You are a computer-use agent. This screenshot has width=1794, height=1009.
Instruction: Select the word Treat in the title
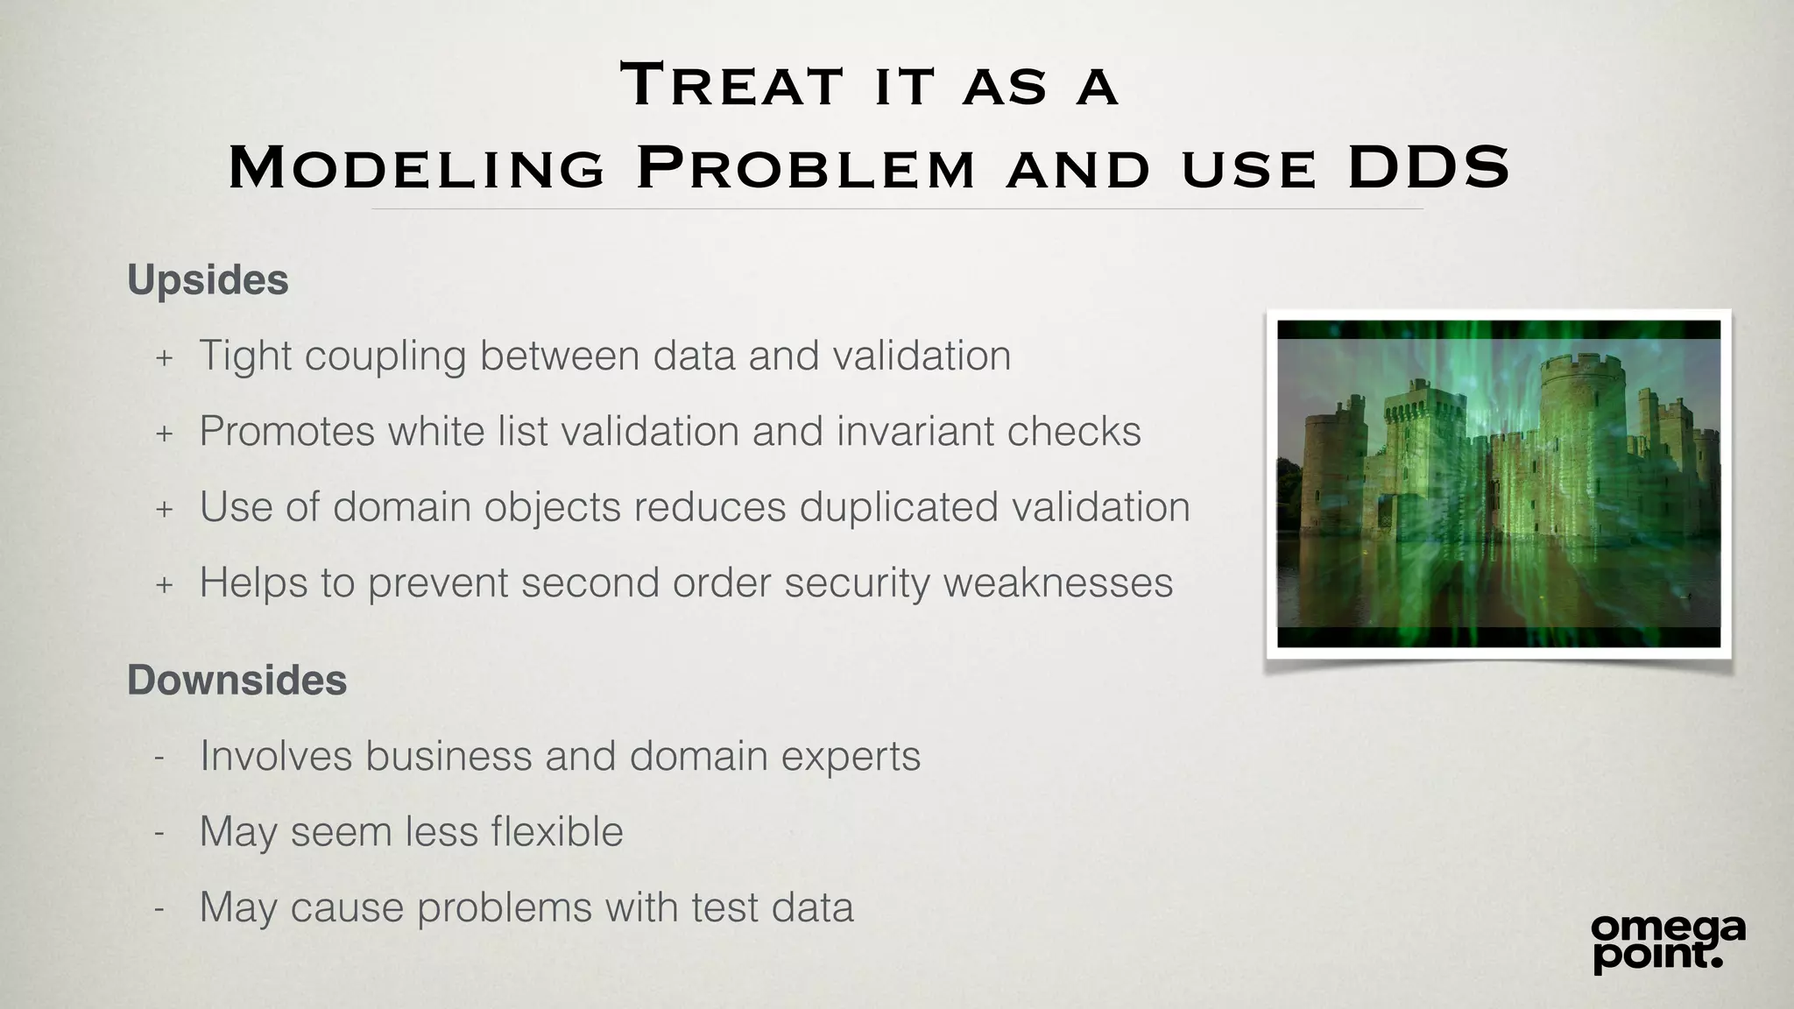(731, 86)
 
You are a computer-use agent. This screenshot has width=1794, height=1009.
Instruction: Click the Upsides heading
(208, 281)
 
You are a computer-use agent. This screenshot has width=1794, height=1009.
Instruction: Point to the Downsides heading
(237, 681)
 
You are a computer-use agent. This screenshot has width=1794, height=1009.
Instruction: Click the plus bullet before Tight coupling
(164, 357)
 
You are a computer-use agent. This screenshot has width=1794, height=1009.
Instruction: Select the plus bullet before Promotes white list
(164, 433)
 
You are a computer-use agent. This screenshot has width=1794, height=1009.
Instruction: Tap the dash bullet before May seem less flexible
(159, 833)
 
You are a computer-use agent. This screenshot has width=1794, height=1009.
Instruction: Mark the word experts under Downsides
(851, 756)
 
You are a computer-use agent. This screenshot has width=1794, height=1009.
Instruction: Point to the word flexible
(557, 832)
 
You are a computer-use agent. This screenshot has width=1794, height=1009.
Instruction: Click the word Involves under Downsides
(276, 756)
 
